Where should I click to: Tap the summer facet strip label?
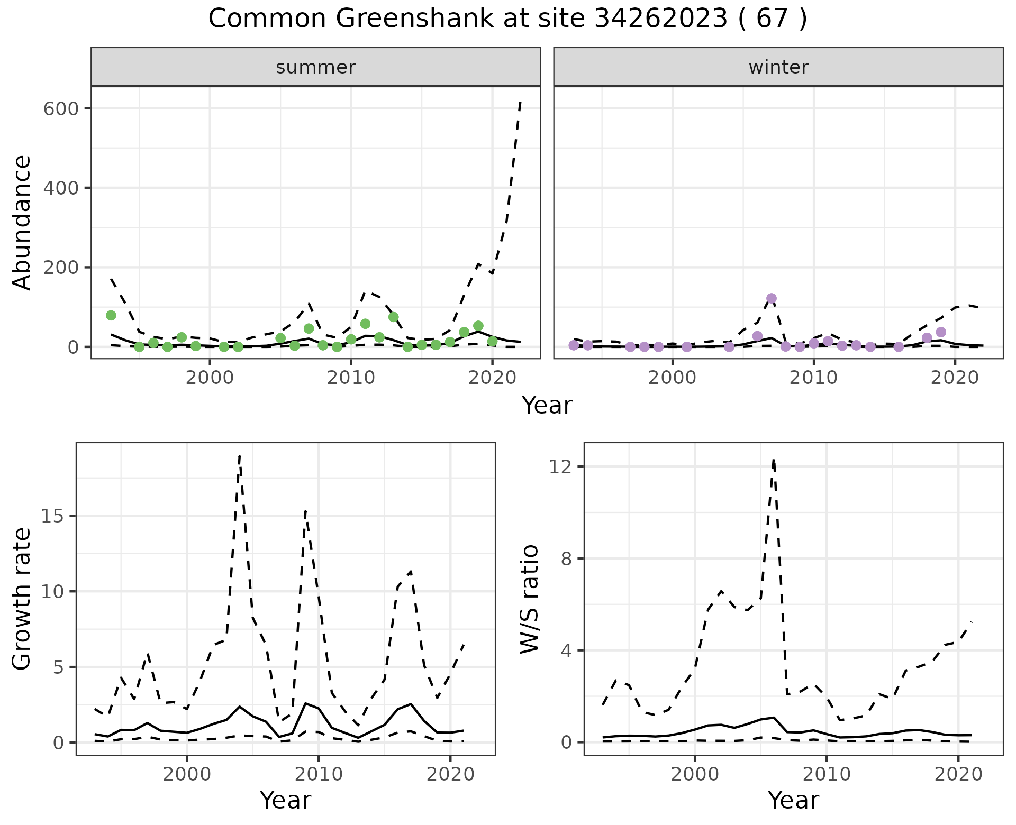point(316,67)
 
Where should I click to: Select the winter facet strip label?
point(778,67)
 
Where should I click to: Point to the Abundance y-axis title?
point(22,222)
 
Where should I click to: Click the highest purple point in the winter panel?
point(771,298)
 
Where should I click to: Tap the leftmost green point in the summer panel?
point(111,316)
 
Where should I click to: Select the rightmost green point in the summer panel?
point(492,342)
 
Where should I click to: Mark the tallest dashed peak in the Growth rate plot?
point(240,456)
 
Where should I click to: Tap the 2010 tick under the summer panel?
point(351,377)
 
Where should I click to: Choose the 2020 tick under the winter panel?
point(955,377)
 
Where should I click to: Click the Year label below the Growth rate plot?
point(285,800)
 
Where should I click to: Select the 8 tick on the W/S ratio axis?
point(567,558)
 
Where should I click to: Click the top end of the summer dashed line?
point(520,102)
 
